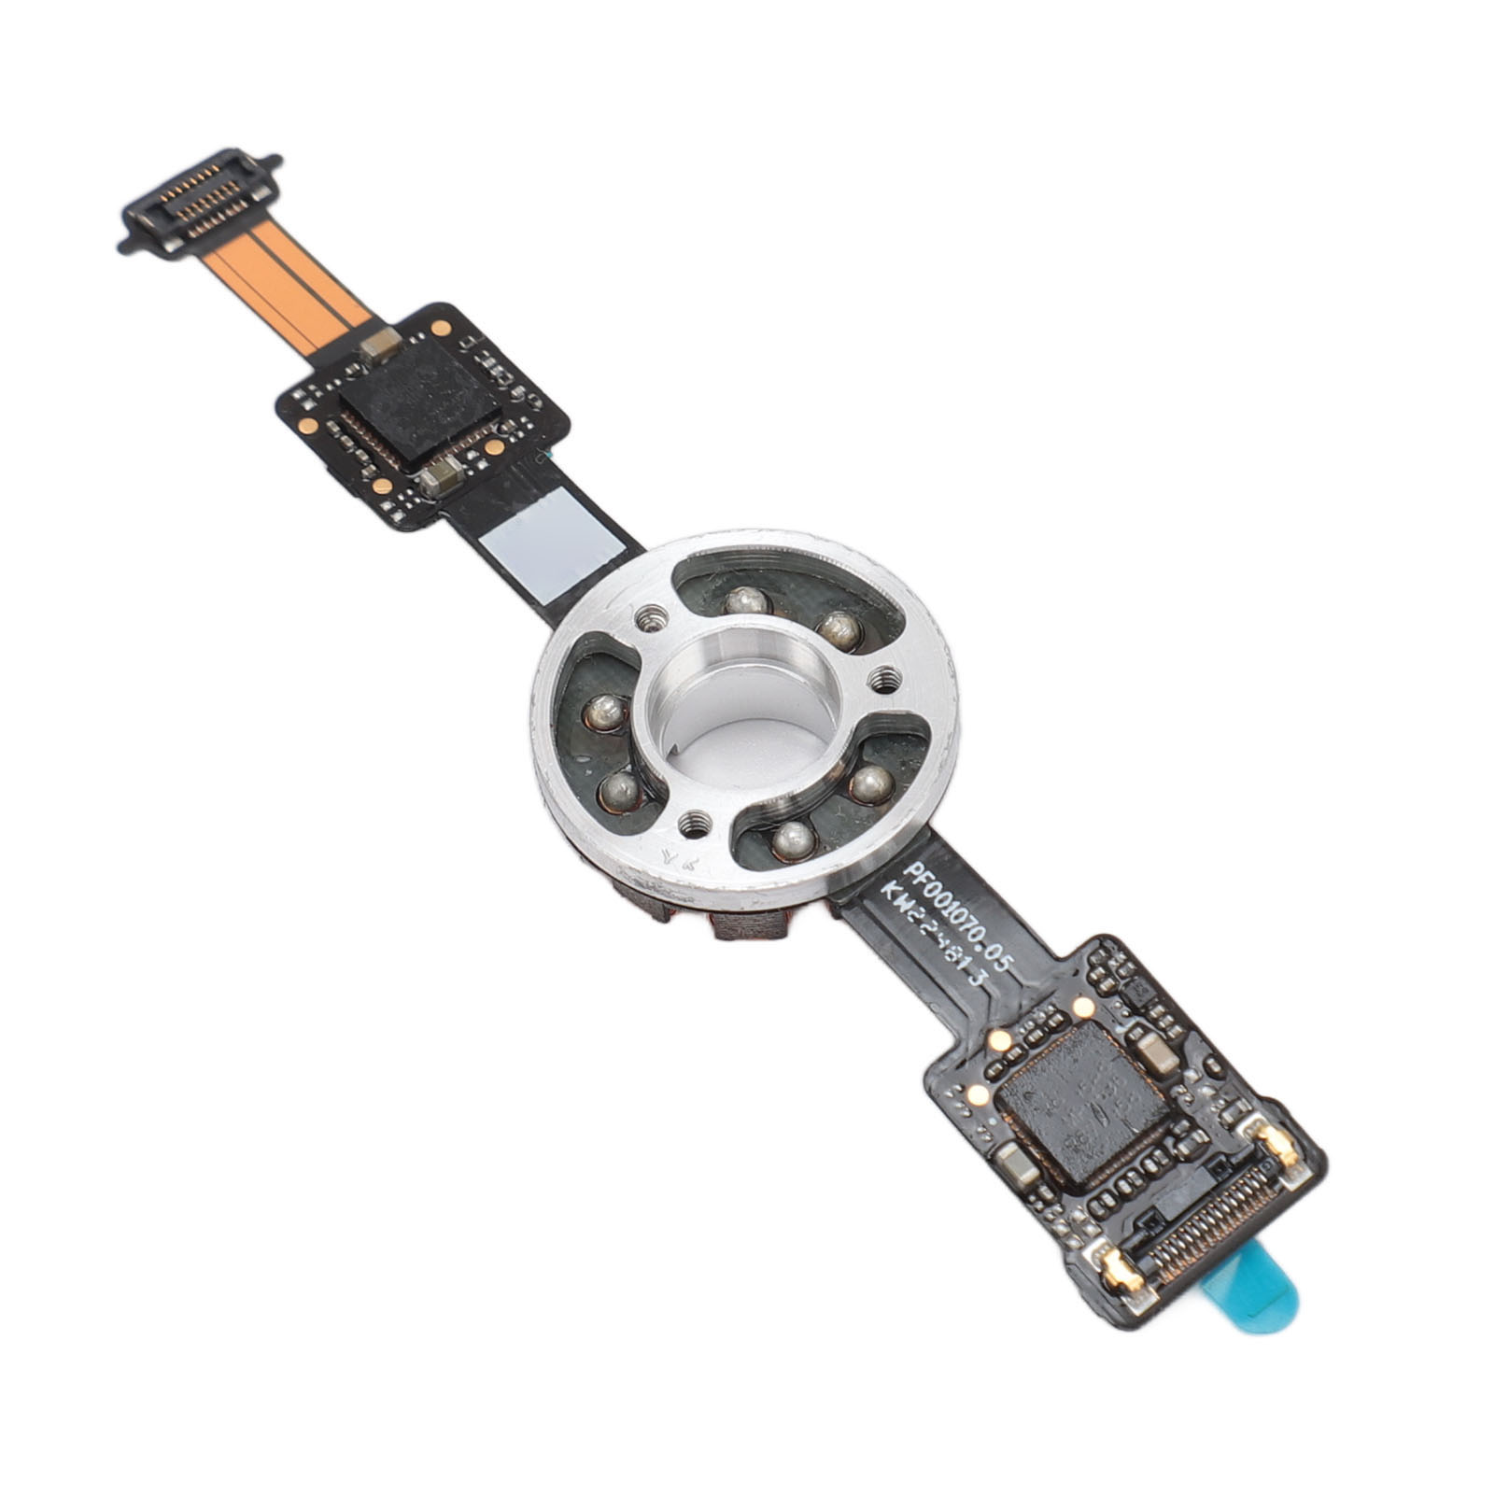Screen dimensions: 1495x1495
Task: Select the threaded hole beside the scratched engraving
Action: [692, 823]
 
